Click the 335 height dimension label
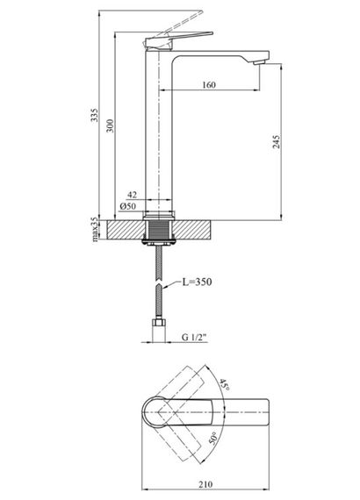95,115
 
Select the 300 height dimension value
110,126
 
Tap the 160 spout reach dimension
209,85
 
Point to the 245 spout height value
277,141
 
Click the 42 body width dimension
132,195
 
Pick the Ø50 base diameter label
127,206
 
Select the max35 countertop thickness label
95,229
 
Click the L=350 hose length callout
197,282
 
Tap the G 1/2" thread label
194,337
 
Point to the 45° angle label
225,385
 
